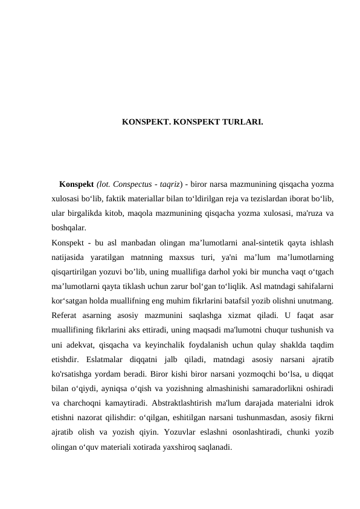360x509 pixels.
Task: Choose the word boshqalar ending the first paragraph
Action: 68,228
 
